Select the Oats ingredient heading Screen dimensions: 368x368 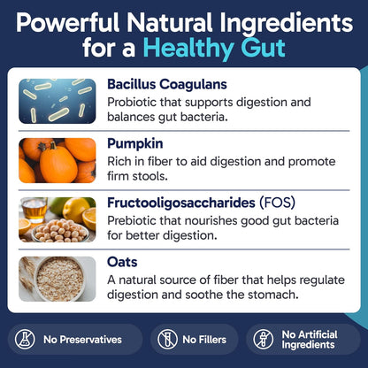[x=122, y=262]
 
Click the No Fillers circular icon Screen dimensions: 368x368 [x=169, y=339]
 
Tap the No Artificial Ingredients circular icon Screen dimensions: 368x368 [x=263, y=339]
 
